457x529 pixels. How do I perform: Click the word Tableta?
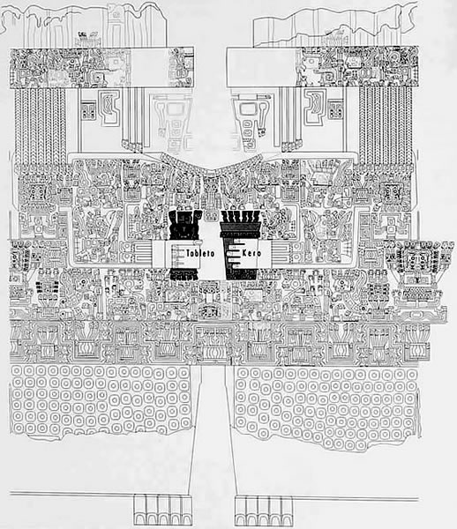click(200, 253)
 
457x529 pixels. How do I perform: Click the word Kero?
click(251, 253)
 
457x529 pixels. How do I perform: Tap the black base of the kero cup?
click(241, 274)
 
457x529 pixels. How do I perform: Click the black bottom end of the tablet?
click(185, 274)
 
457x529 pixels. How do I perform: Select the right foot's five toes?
click(264, 510)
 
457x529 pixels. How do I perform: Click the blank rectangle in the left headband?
click(149, 68)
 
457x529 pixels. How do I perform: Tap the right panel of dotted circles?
click(327, 405)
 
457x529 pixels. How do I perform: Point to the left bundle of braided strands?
click(40, 125)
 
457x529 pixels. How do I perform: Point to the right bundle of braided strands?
click(386, 125)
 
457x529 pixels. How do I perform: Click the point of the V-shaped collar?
click(210, 168)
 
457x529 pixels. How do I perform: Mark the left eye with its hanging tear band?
click(172, 122)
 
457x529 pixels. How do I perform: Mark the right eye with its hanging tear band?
click(251, 122)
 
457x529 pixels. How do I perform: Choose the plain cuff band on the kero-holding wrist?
click(265, 254)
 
